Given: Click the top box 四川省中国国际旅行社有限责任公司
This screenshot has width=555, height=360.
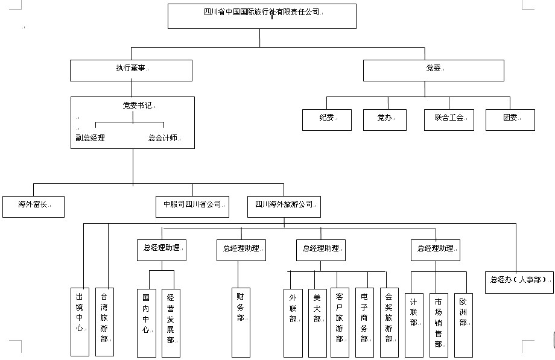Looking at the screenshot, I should (x=262, y=16).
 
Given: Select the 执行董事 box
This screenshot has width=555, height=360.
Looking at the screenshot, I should (x=132, y=70).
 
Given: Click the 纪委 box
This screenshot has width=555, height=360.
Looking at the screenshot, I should (x=327, y=119).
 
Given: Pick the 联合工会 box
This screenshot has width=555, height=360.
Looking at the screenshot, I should (x=449, y=119).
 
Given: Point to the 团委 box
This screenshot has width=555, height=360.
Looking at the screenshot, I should (x=510, y=119).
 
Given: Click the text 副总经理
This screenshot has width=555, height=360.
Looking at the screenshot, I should (x=90, y=137).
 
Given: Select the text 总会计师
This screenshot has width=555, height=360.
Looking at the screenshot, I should (x=163, y=137).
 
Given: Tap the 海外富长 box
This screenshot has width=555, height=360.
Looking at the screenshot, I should (x=33, y=206).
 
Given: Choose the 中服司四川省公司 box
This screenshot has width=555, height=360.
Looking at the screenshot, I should (x=192, y=206).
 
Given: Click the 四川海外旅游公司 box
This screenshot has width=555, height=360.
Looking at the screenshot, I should (x=284, y=206).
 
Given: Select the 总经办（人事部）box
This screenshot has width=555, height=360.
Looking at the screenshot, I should (x=519, y=281).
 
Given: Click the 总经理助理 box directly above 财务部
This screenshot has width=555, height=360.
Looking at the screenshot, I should (x=241, y=250).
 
